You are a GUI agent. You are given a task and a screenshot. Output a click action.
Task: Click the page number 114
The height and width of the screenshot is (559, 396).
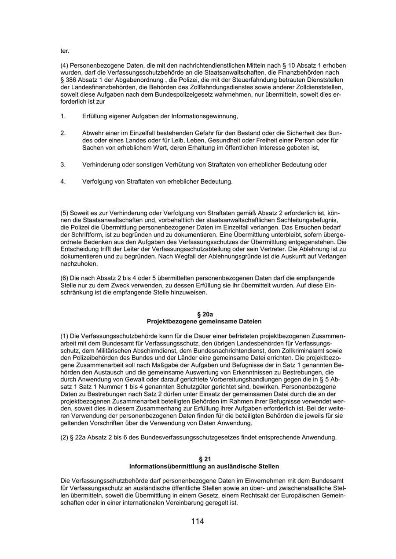pyautogui.click(x=198, y=522)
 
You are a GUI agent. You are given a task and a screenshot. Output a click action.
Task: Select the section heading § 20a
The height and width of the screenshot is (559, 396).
pyautogui.click(x=204, y=314)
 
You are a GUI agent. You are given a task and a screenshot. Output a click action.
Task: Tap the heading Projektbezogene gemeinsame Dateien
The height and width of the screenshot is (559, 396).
pyautogui.click(x=204, y=321)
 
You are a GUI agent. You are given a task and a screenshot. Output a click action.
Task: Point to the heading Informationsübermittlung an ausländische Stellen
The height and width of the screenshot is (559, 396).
pyautogui.click(x=204, y=466)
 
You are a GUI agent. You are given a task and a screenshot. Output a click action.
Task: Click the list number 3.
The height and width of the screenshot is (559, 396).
pyautogui.click(x=63, y=165)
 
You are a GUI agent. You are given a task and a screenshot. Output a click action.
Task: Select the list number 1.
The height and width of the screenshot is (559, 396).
pyautogui.click(x=63, y=116)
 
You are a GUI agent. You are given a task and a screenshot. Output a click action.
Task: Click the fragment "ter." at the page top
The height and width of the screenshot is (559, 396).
pyautogui.click(x=65, y=51)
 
